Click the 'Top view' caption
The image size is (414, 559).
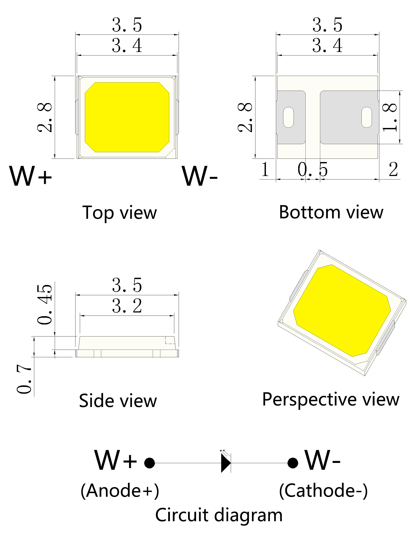click(120, 213)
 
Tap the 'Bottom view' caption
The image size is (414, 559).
click(331, 212)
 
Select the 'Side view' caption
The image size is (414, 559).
click(118, 401)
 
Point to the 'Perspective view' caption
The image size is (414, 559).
click(330, 399)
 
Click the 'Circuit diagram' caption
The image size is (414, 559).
click(219, 515)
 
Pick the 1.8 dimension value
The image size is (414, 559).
click(390, 117)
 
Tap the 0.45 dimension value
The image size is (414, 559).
click(45, 304)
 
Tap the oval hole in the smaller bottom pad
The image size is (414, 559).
click(288, 117)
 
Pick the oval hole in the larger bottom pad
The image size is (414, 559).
click(367, 117)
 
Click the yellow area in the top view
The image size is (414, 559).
click(127, 117)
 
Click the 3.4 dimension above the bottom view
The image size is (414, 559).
click(327, 45)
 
